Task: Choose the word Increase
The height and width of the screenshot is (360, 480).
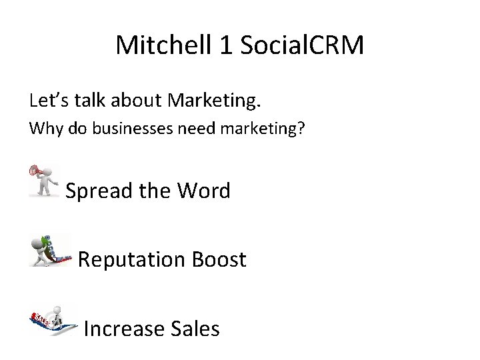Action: coord(124,328)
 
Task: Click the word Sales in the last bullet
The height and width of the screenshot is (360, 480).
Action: coord(193,328)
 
